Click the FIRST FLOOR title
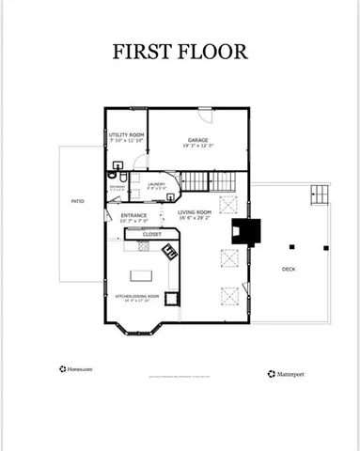pyautogui.click(x=180, y=52)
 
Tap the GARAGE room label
pyautogui.click(x=196, y=140)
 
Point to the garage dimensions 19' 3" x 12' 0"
pyautogui.click(x=196, y=147)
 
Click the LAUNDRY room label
pyautogui.click(x=157, y=185)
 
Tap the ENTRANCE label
pyautogui.click(x=135, y=215)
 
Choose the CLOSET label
pyautogui.click(x=151, y=234)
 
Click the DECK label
pyautogui.click(x=290, y=270)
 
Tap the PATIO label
pyautogui.click(x=78, y=201)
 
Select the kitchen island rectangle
pyautogui.click(x=143, y=276)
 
